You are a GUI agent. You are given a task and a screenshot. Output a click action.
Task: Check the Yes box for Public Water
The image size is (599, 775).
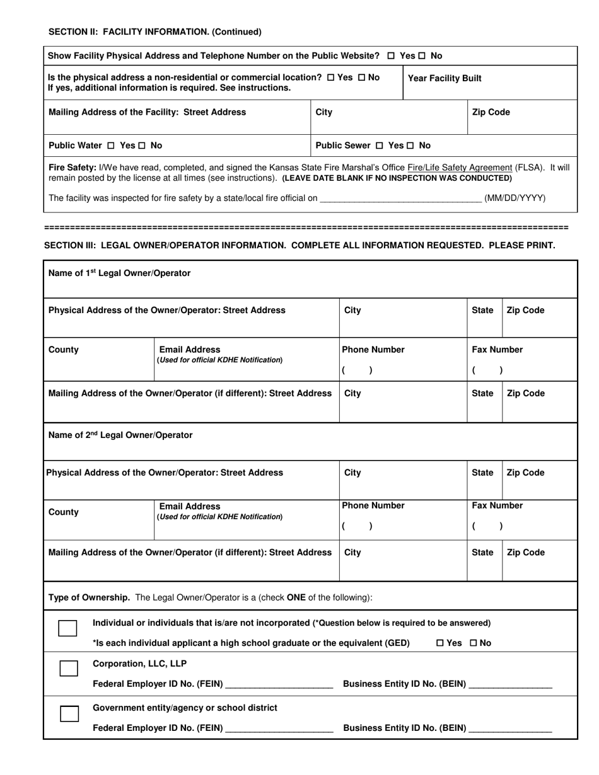111,146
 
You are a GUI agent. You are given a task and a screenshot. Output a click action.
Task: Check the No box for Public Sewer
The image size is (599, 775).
410,146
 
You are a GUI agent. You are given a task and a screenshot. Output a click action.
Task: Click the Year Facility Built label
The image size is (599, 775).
445,78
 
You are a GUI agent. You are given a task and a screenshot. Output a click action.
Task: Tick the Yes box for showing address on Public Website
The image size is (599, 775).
392,56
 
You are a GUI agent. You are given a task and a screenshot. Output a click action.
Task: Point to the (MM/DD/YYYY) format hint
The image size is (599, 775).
515,198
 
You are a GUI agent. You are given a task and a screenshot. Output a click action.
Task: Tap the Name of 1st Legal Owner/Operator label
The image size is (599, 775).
119,273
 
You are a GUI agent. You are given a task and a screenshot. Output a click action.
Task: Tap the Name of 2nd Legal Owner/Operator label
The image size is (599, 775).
120,435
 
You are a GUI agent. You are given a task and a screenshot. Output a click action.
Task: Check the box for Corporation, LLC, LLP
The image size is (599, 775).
69,669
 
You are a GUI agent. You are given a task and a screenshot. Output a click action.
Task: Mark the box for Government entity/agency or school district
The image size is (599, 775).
69,713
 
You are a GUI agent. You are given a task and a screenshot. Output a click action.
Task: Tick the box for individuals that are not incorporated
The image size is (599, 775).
67,628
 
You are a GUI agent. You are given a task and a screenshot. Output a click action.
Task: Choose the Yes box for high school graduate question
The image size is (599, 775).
440,643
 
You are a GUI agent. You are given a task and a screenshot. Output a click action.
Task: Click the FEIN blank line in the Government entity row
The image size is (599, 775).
279,730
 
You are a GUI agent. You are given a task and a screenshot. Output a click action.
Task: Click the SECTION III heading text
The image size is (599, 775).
299,246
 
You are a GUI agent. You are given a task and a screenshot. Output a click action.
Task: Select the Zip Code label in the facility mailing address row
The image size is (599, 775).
491,113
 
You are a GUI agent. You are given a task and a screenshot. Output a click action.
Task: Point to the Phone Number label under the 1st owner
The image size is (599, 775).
373,350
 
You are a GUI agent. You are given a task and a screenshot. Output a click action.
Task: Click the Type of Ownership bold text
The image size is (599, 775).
90,597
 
